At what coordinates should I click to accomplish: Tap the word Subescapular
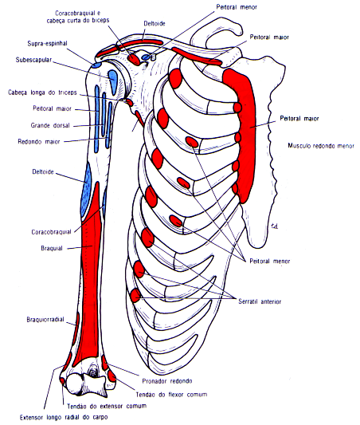click(34, 60)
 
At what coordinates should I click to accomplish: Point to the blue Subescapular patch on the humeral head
click(113, 79)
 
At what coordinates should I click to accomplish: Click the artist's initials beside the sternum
click(273, 224)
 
